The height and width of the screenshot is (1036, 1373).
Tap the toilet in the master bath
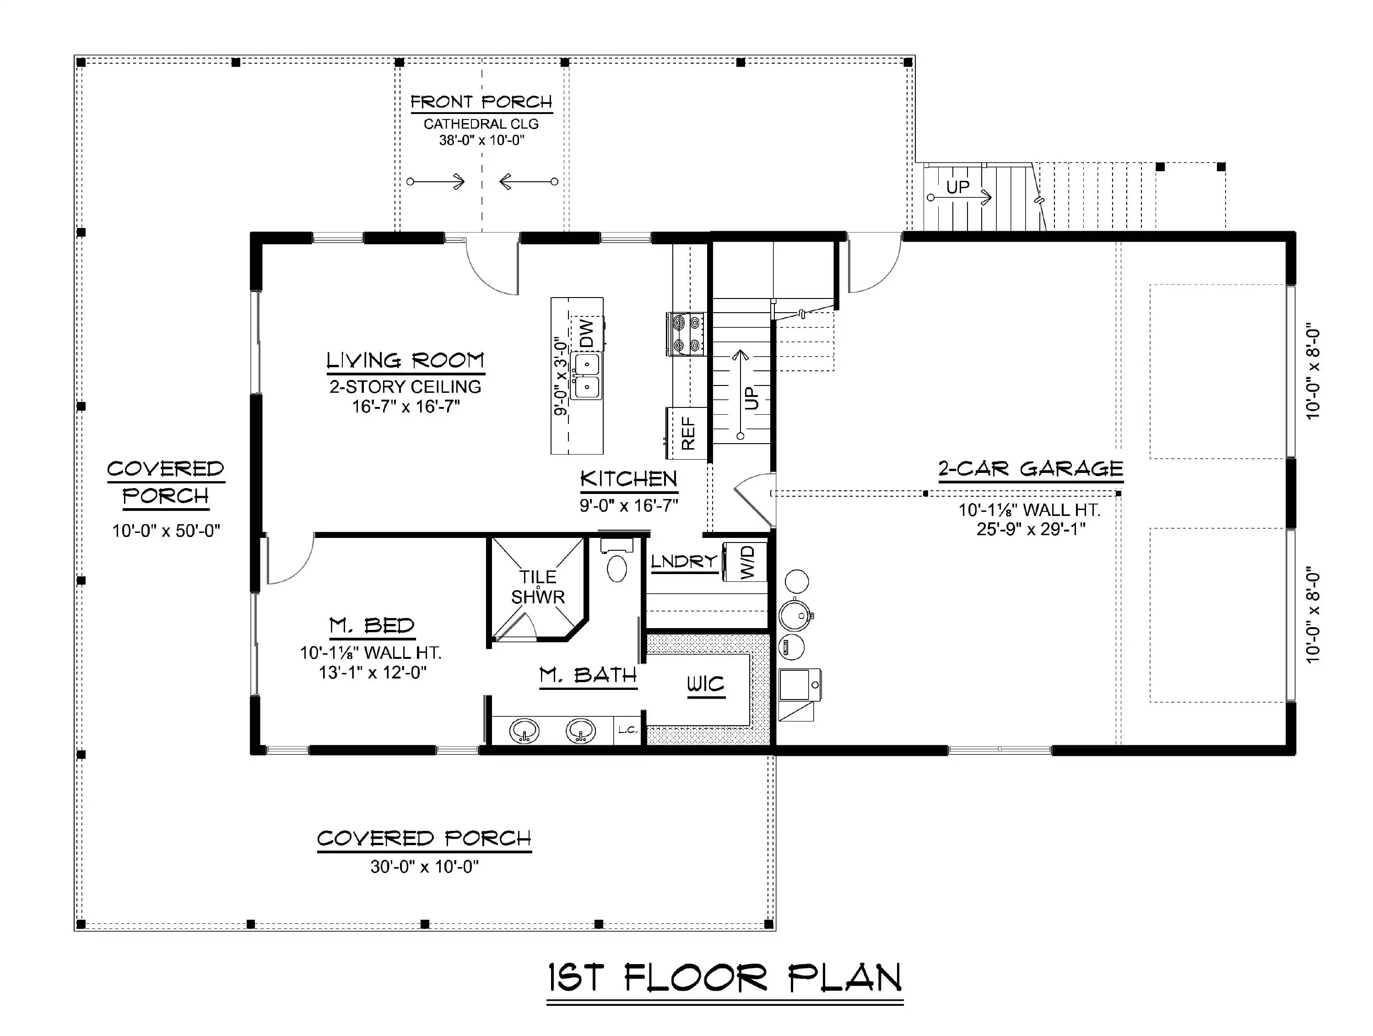pyautogui.click(x=616, y=561)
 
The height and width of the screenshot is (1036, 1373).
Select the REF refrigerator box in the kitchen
pyautogui.click(x=687, y=433)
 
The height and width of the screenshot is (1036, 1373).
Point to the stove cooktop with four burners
pyautogui.click(x=686, y=333)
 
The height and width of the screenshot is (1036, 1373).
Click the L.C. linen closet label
pyautogui.click(x=627, y=730)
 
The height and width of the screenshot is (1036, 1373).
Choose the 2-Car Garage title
pyautogui.click(x=1030, y=469)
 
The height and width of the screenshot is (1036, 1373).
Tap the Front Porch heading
pyautogui.click(x=481, y=102)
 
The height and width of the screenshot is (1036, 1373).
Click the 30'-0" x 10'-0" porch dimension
pyautogui.click(x=425, y=867)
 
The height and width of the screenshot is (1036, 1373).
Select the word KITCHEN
pyautogui.click(x=629, y=479)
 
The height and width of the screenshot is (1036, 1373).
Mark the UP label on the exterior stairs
pyautogui.click(x=958, y=187)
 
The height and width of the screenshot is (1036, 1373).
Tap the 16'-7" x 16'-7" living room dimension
pyautogui.click(x=406, y=407)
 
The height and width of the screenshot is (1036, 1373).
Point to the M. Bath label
pyautogui.click(x=588, y=675)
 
